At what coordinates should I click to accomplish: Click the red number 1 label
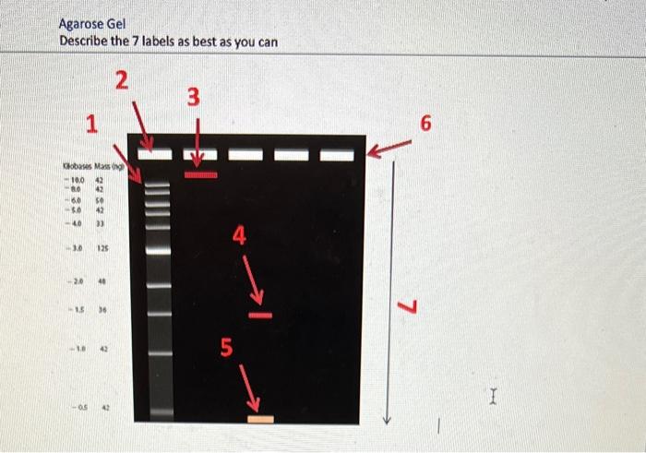(x=90, y=122)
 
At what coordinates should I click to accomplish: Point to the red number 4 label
(x=239, y=237)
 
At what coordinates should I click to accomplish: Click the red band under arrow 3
(x=200, y=173)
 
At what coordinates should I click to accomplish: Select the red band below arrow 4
(x=260, y=316)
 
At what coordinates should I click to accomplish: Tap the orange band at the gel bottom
(x=260, y=419)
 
